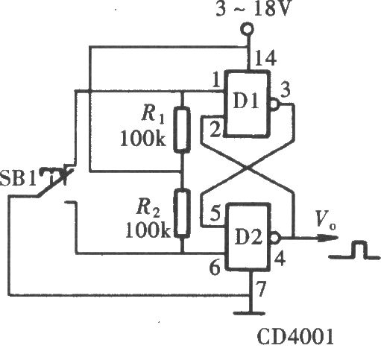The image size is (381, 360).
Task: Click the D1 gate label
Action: [246, 101]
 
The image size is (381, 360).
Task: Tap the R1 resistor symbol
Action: [182, 130]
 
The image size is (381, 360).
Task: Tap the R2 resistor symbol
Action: [182, 212]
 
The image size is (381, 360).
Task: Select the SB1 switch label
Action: [18, 178]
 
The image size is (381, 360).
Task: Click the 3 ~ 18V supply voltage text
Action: [253, 9]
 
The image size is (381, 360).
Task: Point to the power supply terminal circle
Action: [248, 29]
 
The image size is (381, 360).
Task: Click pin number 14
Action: [265, 58]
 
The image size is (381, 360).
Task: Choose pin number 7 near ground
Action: [261, 289]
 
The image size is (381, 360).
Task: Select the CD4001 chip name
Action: [295, 337]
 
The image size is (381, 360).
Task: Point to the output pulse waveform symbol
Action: [355, 250]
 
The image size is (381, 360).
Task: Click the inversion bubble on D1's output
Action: [274, 104]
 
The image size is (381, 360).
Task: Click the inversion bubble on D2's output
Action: [274, 238]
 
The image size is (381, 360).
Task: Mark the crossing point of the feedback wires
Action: [248, 168]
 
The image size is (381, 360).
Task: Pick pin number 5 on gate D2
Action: [215, 213]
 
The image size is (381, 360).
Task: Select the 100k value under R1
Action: [143, 138]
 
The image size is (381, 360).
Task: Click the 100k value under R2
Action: [148, 230]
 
